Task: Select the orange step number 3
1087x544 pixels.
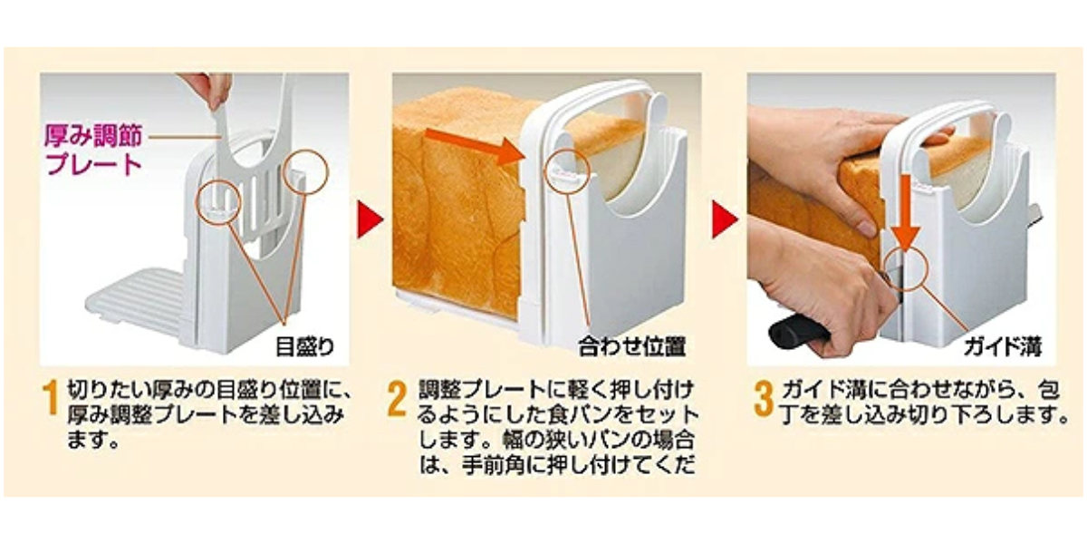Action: [x=764, y=399]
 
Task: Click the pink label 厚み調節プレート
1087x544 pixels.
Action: [x=93, y=151]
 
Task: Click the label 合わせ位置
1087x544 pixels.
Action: [x=630, y=345]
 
